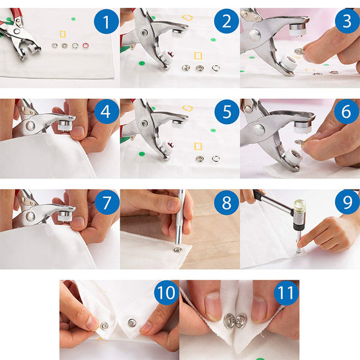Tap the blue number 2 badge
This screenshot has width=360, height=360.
tap(226, 23)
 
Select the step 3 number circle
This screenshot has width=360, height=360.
tap(346, 23)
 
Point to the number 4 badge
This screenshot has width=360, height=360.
tap(106, 113)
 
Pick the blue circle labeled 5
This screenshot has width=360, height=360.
tap(226, 113)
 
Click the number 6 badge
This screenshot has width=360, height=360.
tap(346, 113)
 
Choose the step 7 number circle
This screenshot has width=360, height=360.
tap(106, 203)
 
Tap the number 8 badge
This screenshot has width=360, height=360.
tap(226, 203)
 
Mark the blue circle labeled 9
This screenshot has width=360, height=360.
tap(346, 203)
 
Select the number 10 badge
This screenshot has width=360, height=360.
tap(166, 294)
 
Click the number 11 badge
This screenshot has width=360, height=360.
tap(286, 294)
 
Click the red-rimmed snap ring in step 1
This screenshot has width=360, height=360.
tap(85, 46)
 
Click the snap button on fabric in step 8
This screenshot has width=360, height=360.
tap(177, 249)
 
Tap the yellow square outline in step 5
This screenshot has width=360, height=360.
tap(197, 147)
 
